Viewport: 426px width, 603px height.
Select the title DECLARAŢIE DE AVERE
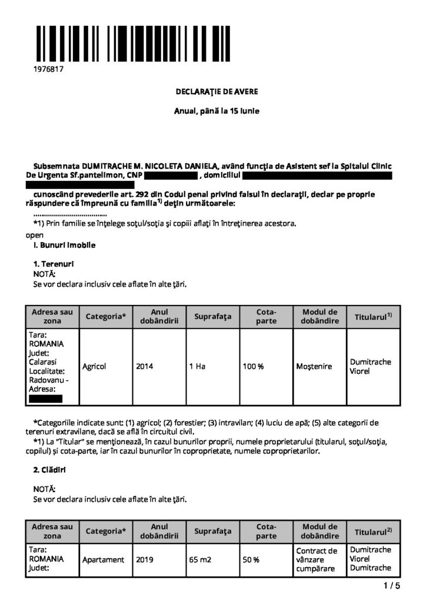click(217, 92)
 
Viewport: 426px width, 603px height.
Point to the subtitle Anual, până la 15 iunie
click(217, 111)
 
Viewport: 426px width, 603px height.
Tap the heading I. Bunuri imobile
click(64, 244)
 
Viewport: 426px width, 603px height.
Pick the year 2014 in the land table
click(145, 366)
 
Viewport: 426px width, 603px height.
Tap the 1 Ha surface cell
click(197, 366)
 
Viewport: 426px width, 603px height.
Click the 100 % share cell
click(254, 366)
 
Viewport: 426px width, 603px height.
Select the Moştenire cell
click(314, 366)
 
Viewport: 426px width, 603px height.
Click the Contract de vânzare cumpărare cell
click(317, 559)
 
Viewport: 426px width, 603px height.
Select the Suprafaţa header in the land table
click(212, 317)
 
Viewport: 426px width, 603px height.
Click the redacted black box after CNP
click(171, 175)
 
